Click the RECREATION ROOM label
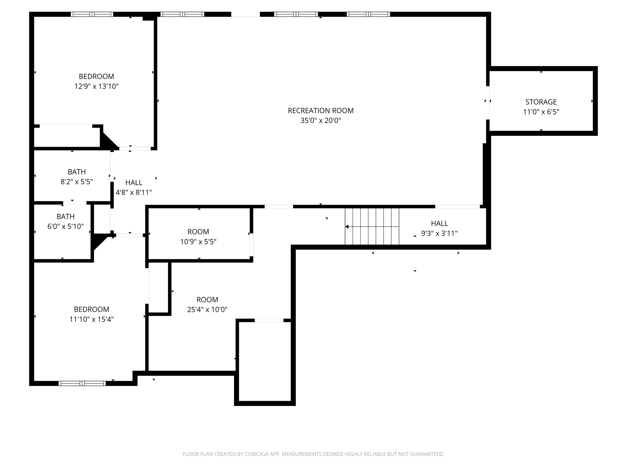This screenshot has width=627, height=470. [x=321, y=110]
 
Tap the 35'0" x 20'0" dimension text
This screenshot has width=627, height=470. [x=321, y=121]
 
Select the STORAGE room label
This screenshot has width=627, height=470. [x=541, y=102]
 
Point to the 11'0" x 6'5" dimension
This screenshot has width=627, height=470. [x=541, y=112]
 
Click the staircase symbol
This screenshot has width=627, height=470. [x=372, y=226]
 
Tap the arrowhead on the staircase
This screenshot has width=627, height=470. [x=347, y=227]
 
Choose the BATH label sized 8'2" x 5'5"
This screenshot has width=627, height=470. [x=77, y=172]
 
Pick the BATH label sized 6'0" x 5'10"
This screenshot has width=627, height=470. [x=66, y=216]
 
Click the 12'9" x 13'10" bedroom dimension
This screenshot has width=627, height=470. [x=96, y=86]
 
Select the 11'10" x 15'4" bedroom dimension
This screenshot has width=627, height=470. [x=92, y=319]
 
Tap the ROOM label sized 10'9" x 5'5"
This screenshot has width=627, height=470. [x=198, y=232]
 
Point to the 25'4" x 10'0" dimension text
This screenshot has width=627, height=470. [x=207, y=310]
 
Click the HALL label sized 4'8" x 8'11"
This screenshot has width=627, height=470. [x=134, y=182]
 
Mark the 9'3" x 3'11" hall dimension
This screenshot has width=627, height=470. [x=439, y=234]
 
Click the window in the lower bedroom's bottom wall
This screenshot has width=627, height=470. [x=82, y=383]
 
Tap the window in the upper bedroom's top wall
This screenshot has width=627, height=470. [x=92, y=14]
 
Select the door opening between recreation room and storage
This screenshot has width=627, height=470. [x=488, y=103]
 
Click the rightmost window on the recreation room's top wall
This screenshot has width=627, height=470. [x=368, y=14]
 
